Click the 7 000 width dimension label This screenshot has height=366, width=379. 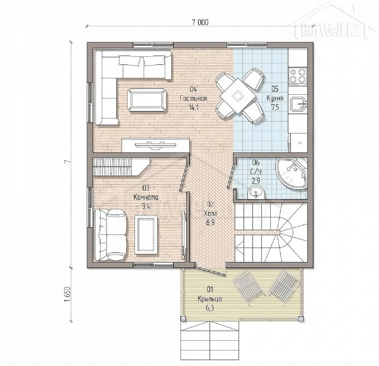(x=200, y=22)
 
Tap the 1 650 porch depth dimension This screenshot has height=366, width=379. (x=67, y=294)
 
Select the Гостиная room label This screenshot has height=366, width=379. (x=193, y=99)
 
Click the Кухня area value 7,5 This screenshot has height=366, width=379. (x=275, y=107)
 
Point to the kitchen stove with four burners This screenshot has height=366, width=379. (x=298, y=77)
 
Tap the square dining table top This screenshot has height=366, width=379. (x=238, y=96)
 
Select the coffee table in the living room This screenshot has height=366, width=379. (x=147, y=100)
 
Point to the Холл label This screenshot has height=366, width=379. (x=211, y=213)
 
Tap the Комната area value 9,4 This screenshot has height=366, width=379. (x=146, y=207)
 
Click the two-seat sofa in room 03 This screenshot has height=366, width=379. (x=110, y=235)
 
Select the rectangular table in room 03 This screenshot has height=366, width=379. (x=147, y=235)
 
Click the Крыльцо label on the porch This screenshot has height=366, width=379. (x=210, y=299)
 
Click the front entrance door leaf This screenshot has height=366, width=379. (x=210, y=271)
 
